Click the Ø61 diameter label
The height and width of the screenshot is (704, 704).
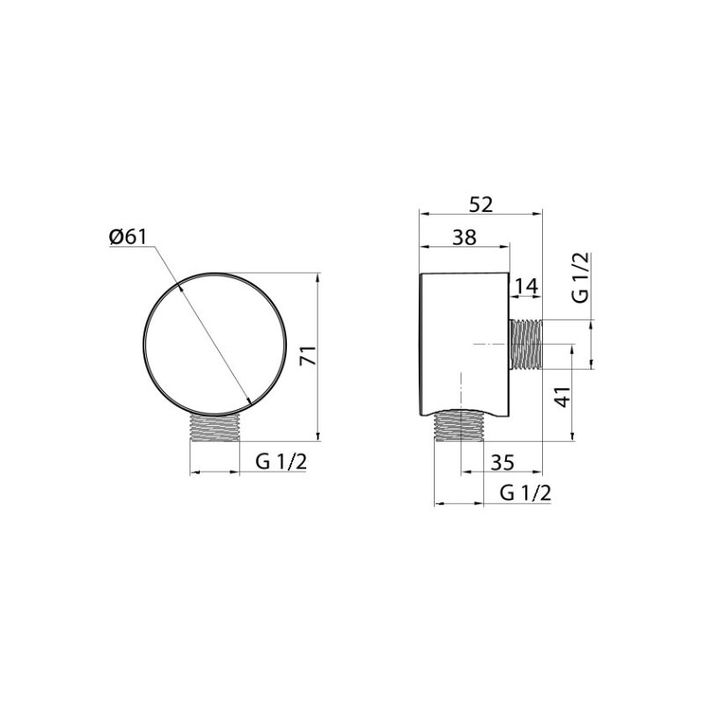128,236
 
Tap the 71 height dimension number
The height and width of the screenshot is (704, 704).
309,356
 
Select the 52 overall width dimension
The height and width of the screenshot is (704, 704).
480,204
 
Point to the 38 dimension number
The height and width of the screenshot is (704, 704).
465,237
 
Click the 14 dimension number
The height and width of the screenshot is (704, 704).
525,287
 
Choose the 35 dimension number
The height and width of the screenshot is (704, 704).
502,462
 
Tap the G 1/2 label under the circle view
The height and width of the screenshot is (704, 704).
281,461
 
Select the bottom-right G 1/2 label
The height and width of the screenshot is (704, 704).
524,494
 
